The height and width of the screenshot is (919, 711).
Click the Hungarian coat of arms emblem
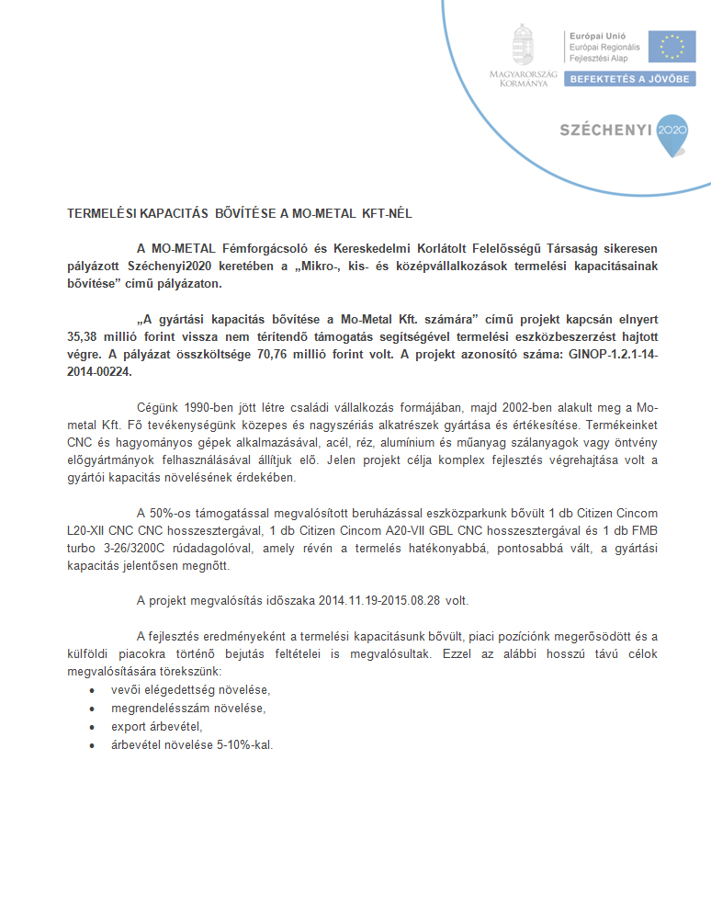[523, 45]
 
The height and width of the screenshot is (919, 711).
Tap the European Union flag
[671, 46]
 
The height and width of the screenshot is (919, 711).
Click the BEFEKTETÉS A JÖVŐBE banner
[629, 79]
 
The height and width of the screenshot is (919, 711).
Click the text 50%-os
[170, 512]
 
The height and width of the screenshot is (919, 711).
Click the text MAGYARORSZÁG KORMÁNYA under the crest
[519, 77]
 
